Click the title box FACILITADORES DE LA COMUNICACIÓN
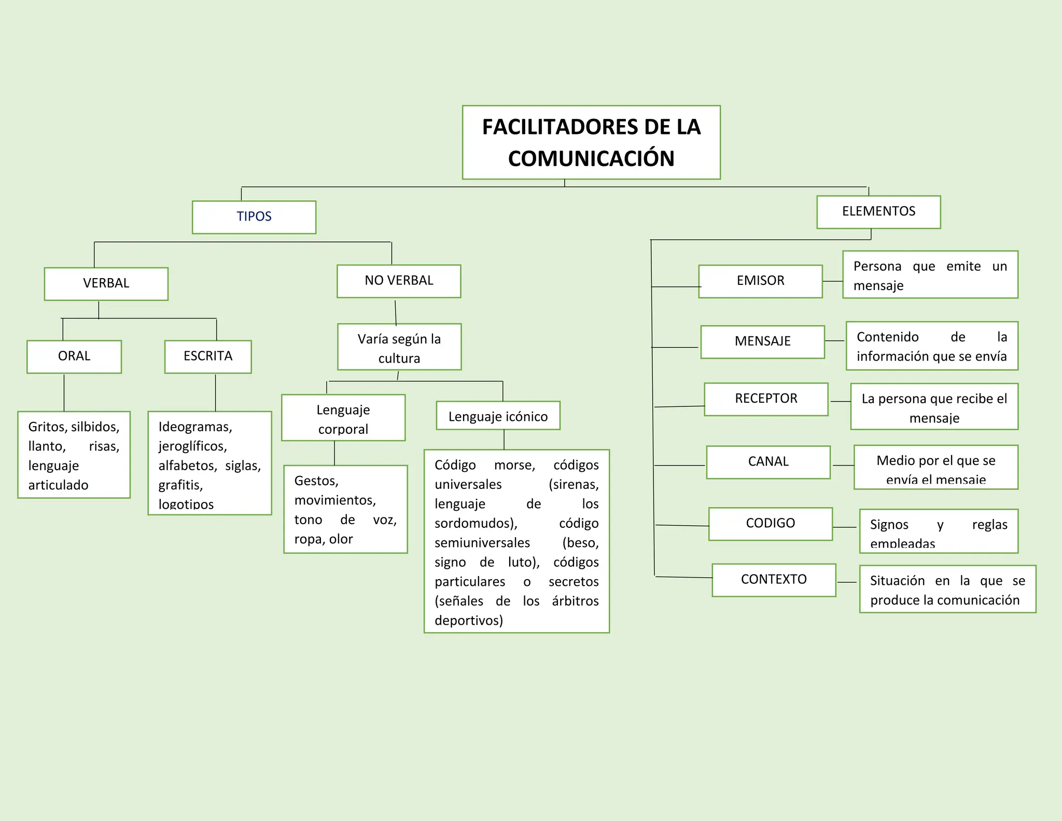[591, 142]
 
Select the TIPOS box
[254, 217]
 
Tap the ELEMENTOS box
[878, 212]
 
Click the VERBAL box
[106, 283]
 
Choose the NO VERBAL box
[399, 281]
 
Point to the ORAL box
[74, 357]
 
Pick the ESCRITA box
[208, 357]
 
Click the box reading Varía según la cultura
[399, 347]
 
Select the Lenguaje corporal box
[343, 418]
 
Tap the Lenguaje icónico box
[498, 416]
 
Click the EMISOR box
[760, 281]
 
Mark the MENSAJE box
[762, 341]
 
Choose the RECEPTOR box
[766, 399]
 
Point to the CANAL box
[768, 462]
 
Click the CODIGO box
[770, 524]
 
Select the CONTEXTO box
[774, 580]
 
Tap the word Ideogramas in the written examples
[195, 427]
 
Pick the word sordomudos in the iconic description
[476, 524]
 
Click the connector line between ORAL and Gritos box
[64, 392]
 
